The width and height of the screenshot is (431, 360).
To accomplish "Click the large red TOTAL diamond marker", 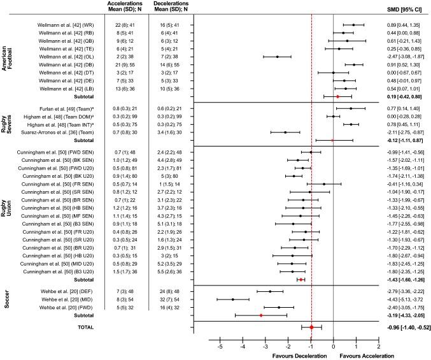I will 311,327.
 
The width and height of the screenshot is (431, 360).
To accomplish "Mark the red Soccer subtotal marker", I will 261,315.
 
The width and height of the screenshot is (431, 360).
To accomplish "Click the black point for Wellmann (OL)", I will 278,56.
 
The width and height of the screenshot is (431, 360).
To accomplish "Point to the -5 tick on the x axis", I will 220,347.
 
